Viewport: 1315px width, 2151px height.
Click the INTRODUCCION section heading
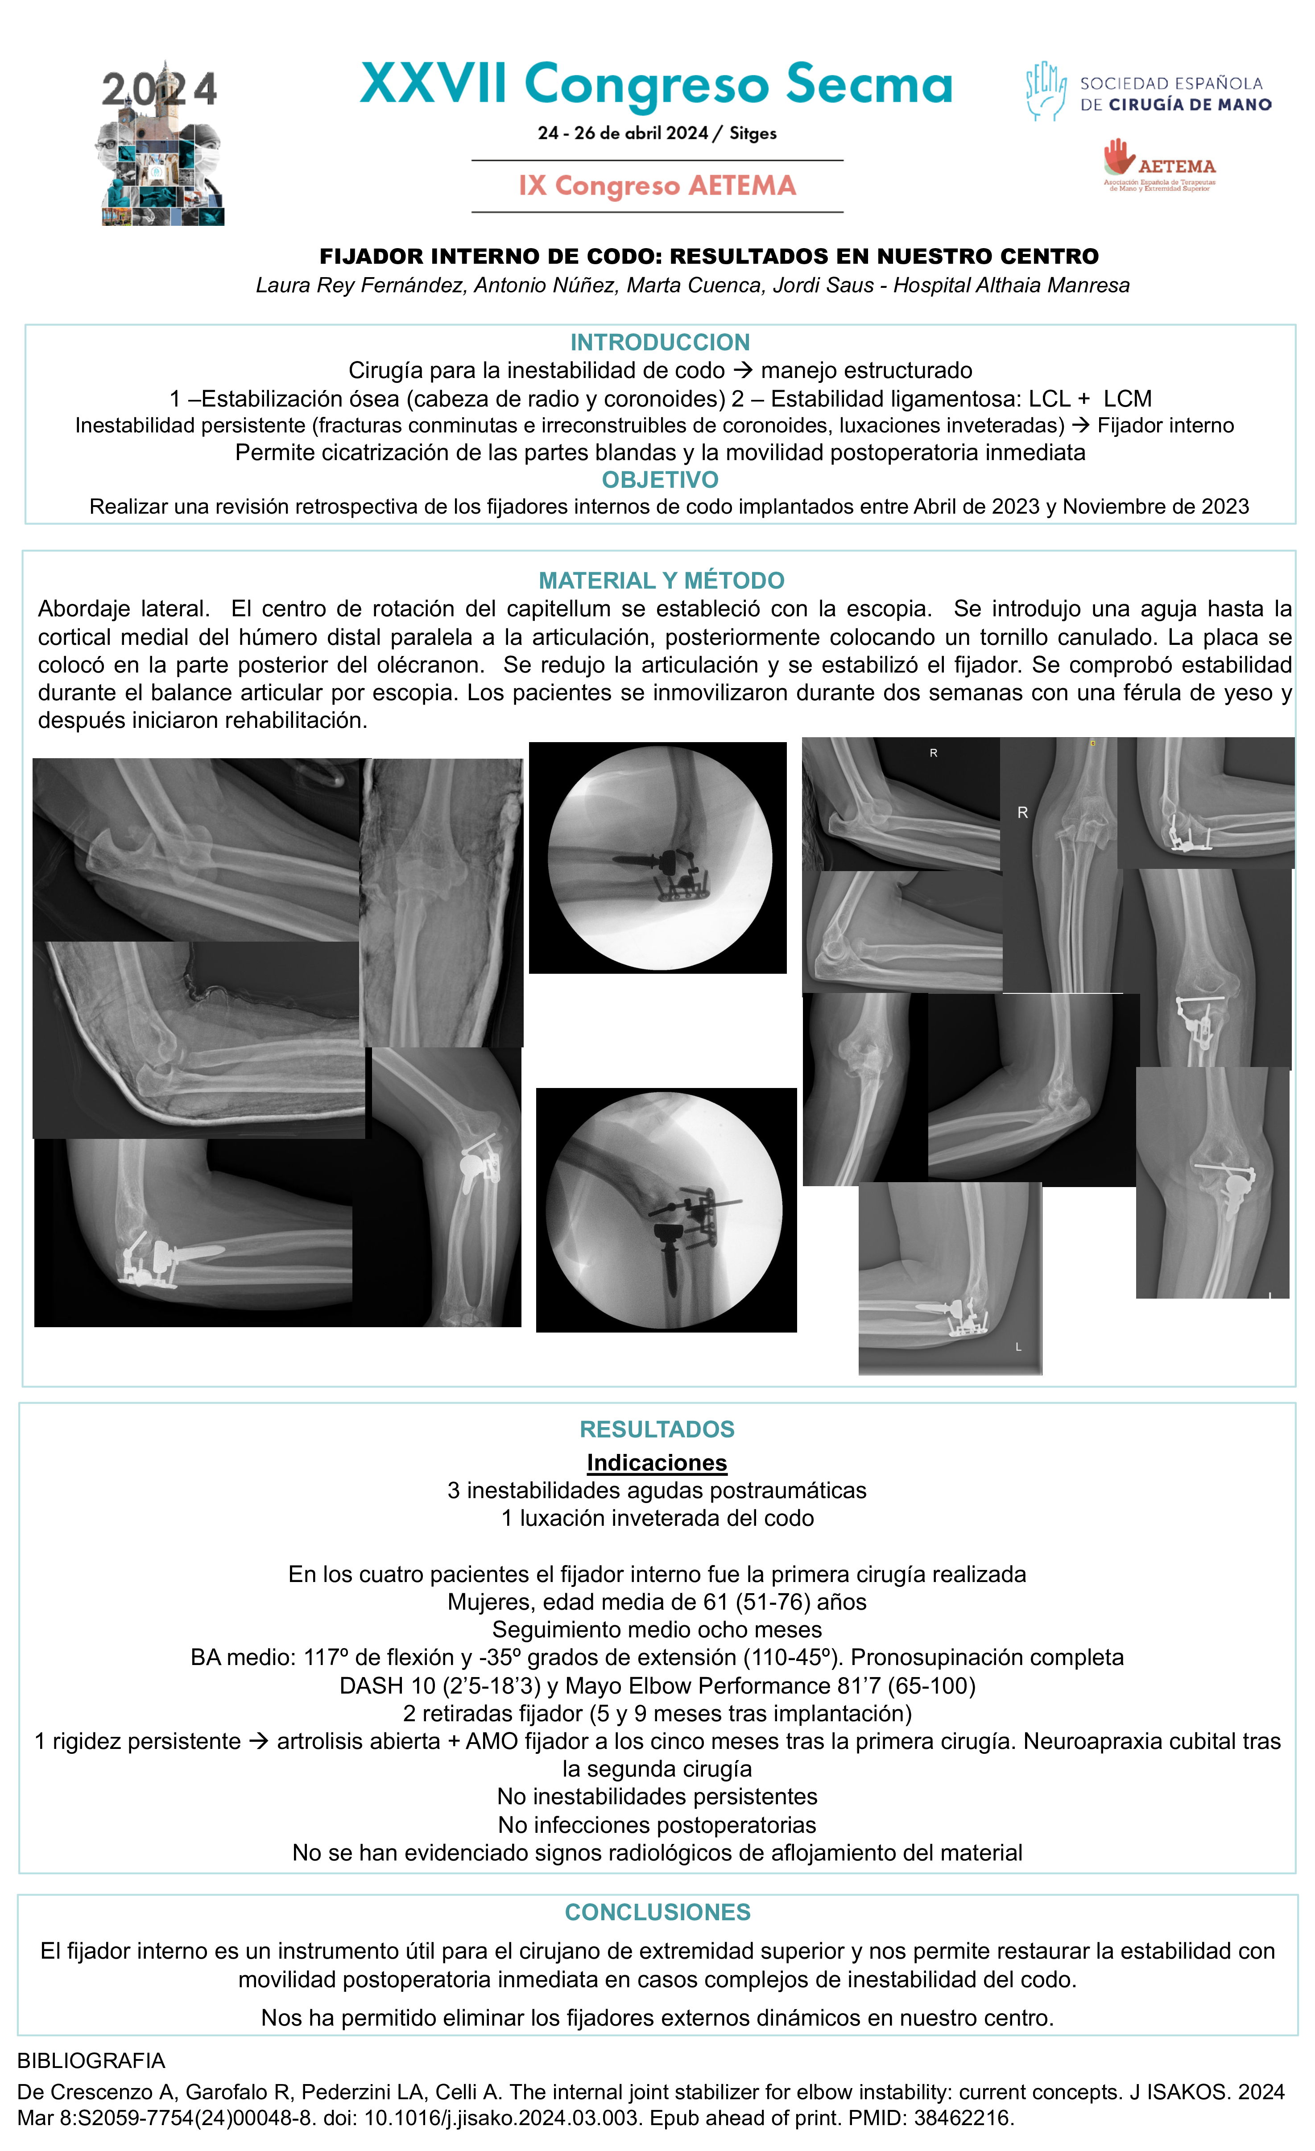point(660,342)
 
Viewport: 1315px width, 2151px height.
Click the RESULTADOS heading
point(657,1429)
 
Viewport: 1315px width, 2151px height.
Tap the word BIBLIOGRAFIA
point(91,2060)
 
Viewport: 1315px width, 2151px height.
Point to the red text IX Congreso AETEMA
point(657,186)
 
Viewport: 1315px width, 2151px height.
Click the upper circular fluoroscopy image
point(659,858)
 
